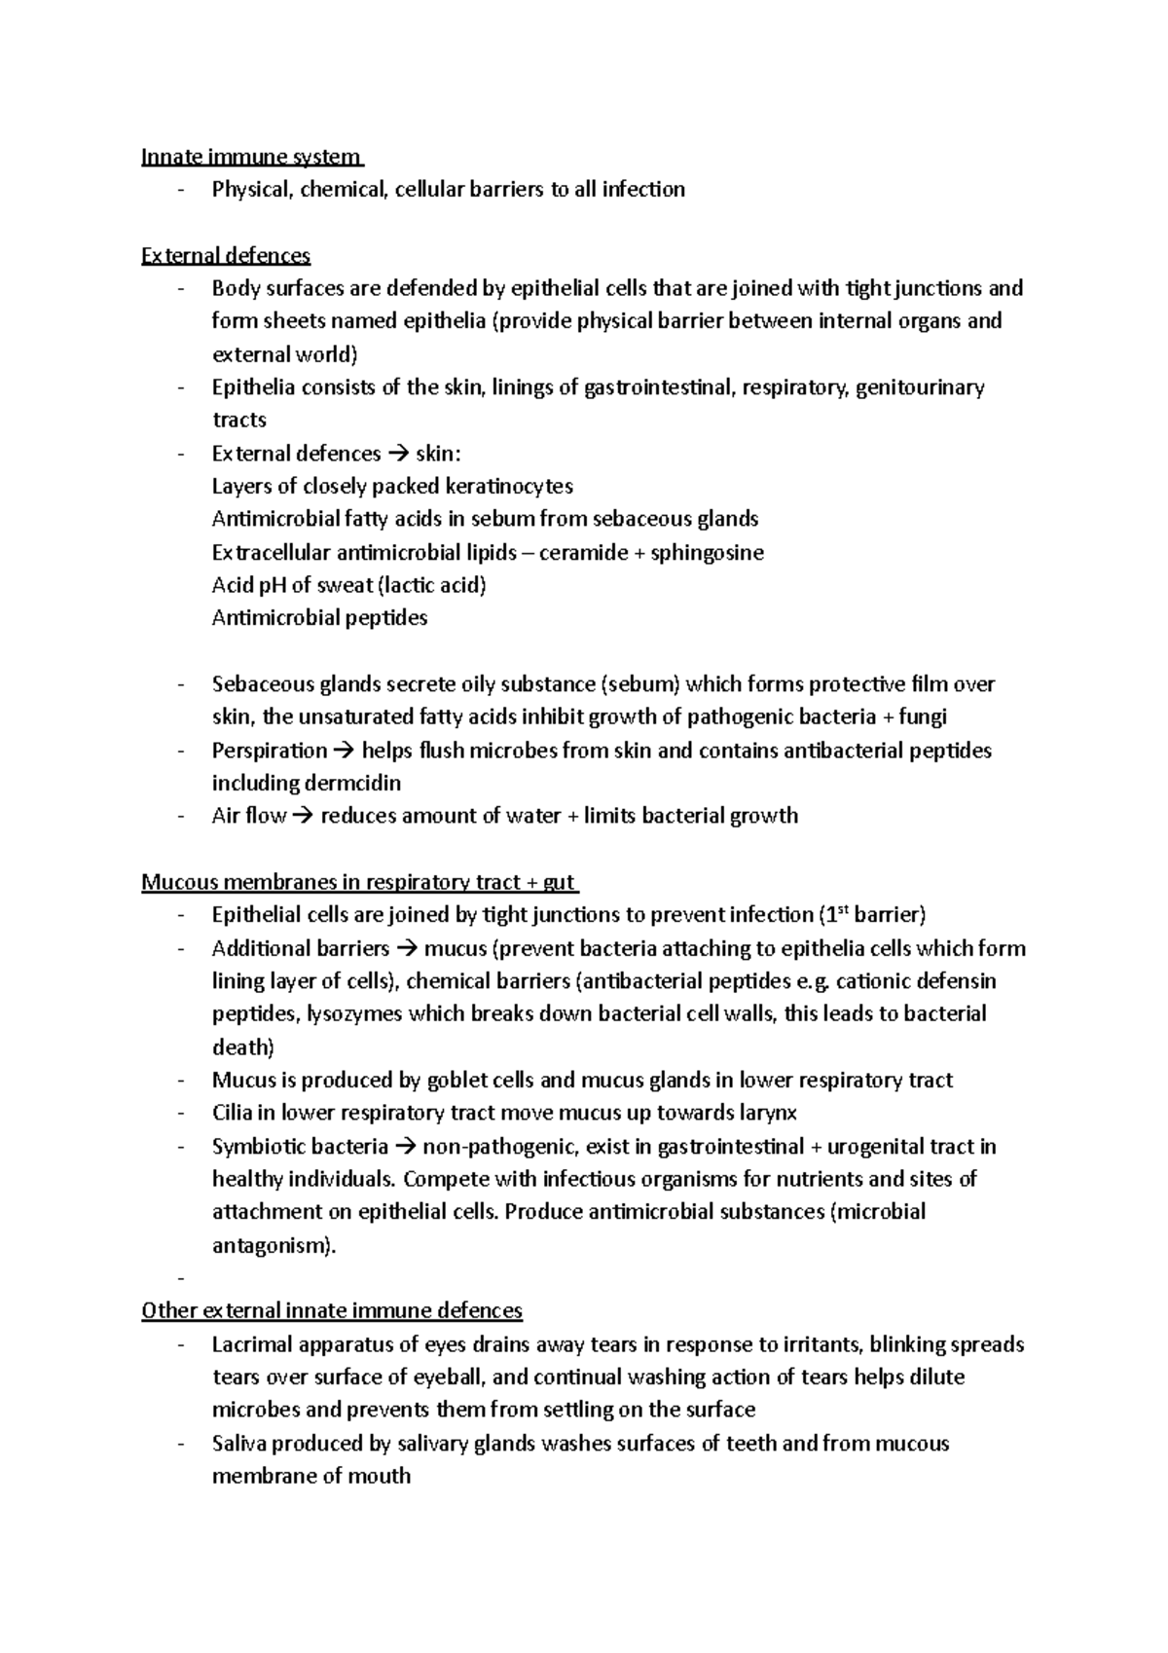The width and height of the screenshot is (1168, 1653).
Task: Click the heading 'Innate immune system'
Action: tap(251, 157)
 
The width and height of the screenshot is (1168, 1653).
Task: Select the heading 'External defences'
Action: tap(225, 256)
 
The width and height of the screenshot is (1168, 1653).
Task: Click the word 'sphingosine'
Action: tap(708, 553)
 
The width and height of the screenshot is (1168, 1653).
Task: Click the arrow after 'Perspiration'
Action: tap(345, 751)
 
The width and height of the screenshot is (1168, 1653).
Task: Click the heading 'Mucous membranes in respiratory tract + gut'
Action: tap(358, 883)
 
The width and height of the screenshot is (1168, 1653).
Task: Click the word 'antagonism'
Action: tap(272, 1246)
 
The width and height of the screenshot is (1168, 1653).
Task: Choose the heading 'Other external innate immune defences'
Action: tap(332, 1311)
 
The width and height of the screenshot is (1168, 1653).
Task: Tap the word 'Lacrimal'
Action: tap(251, 1345)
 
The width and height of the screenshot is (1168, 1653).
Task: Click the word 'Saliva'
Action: tap(239, 1444)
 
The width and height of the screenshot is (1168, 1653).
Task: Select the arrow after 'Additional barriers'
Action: tap(407, 948)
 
